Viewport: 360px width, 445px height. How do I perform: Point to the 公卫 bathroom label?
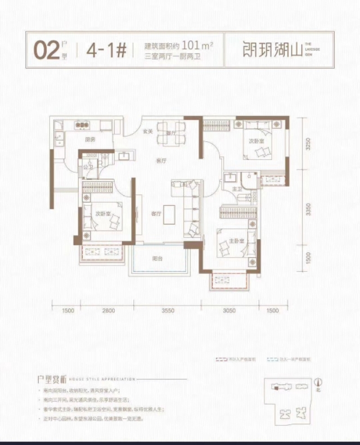click(87, 167)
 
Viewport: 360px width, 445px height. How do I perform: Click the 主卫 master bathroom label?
click(236, 190)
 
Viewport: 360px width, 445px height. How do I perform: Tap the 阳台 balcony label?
click(157, 259)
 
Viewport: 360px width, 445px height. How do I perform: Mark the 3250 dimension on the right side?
click(308, 143)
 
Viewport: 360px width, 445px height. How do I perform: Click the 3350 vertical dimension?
click(308, 209)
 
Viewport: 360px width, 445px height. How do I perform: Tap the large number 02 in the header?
click(47, 50)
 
